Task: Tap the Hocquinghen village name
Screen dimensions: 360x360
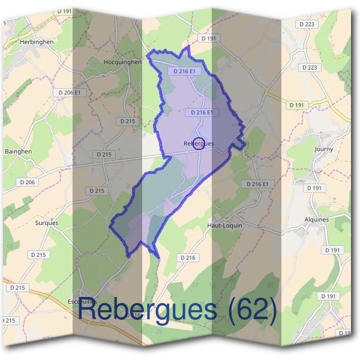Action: click(122, 61)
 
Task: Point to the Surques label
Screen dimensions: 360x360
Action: click(46, 223)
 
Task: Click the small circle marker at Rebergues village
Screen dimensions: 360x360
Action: click(200, 143)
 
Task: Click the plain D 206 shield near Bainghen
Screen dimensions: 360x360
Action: click(28, 182)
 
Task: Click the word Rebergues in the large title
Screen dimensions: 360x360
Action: click(146, 310)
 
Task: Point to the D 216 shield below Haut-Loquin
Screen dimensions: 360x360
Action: click(188, 257)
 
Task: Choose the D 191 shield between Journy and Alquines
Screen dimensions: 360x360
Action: click(314, 188)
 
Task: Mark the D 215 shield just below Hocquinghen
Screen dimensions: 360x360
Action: click(128, 121)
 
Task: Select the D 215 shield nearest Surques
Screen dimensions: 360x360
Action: click(37, 254)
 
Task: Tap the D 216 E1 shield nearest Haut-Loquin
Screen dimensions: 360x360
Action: click(260, 184)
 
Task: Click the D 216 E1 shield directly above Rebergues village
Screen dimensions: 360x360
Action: click(202, 112)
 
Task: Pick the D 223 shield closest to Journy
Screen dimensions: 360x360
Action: click(310, 67)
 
